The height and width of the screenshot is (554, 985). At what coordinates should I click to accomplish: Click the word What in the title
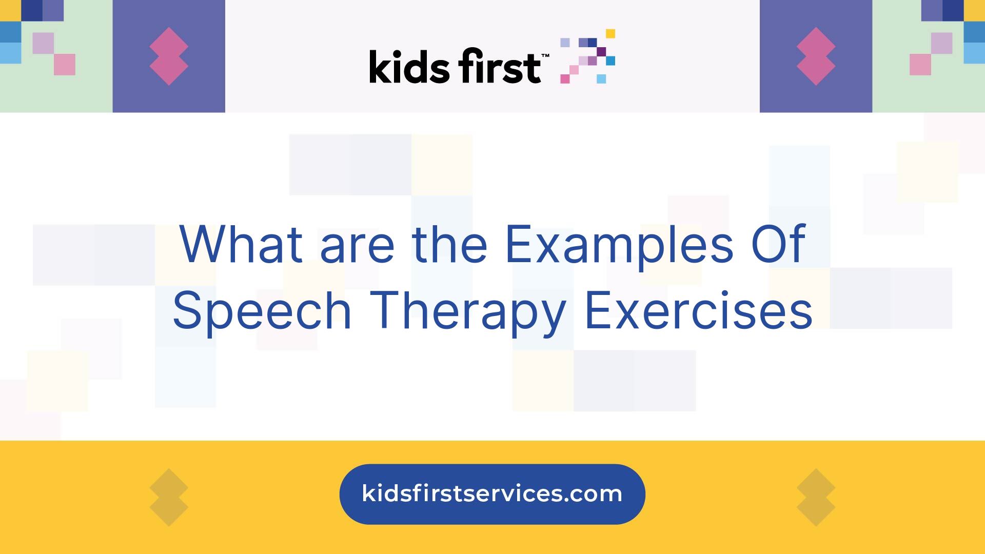(242, 245)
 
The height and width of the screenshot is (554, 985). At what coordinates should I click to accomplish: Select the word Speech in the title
(262, 311)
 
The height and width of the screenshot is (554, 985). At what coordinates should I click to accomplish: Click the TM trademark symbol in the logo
(545, 55)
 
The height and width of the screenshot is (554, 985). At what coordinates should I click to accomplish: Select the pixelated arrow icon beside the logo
(588, 56)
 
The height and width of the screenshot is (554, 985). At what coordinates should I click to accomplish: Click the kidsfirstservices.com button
(492, 494)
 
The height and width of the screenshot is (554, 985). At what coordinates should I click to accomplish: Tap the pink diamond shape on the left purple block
(169, 56)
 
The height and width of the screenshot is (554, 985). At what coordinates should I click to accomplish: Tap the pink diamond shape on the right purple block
(816, 56)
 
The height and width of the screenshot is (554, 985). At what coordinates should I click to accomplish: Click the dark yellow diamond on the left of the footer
(169, 497)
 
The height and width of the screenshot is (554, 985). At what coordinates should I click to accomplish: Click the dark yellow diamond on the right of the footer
(816, 497)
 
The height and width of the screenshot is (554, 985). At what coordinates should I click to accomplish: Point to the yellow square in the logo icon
(610, 33)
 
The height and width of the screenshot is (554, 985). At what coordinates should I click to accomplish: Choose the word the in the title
(449, 245)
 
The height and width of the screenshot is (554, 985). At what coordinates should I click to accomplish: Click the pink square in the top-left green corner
(65, 65)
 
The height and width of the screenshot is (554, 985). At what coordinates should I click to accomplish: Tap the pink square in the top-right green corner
(920, 65)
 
